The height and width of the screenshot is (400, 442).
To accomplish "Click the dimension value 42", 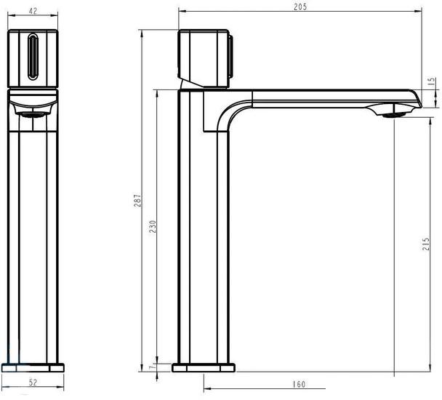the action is [x=33, y=11].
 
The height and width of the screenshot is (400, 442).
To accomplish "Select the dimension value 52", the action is [x=33, y=383].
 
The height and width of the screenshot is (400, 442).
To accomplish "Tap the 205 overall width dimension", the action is [x=300, y=7].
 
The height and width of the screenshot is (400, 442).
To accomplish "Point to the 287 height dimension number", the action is [x=137, y=201].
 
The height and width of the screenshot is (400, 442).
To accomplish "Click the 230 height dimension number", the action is [x=153, y=226].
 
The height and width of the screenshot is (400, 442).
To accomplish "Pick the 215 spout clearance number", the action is [x=426, y=244].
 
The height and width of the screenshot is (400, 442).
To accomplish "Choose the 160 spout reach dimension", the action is [x=299, y=384].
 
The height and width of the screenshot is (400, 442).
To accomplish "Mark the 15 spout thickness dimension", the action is [x=432, y=81].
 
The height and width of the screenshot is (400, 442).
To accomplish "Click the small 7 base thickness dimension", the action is [x=152, y=367].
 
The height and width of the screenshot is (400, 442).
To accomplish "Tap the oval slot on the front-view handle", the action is [x=33, y=57].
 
